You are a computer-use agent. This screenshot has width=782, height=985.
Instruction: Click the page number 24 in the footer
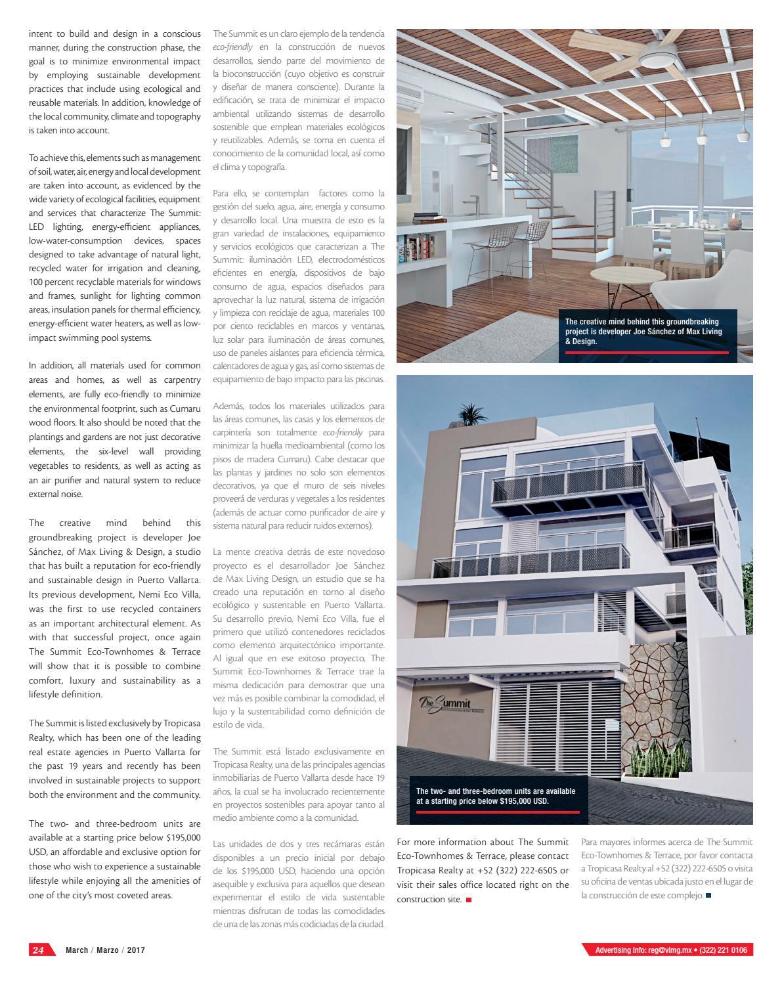point(39,950)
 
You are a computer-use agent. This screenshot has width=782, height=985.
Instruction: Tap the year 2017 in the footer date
point(136,950)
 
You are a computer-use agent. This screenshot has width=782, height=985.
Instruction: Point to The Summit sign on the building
point(454,705)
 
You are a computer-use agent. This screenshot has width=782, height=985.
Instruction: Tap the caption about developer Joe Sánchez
point(643,332)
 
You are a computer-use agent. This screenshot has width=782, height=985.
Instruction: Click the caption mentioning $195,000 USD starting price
point(495,796)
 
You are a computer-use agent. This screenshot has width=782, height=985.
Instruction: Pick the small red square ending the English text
point(469,900)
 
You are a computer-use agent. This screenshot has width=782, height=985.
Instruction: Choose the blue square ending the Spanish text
point(708,895)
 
